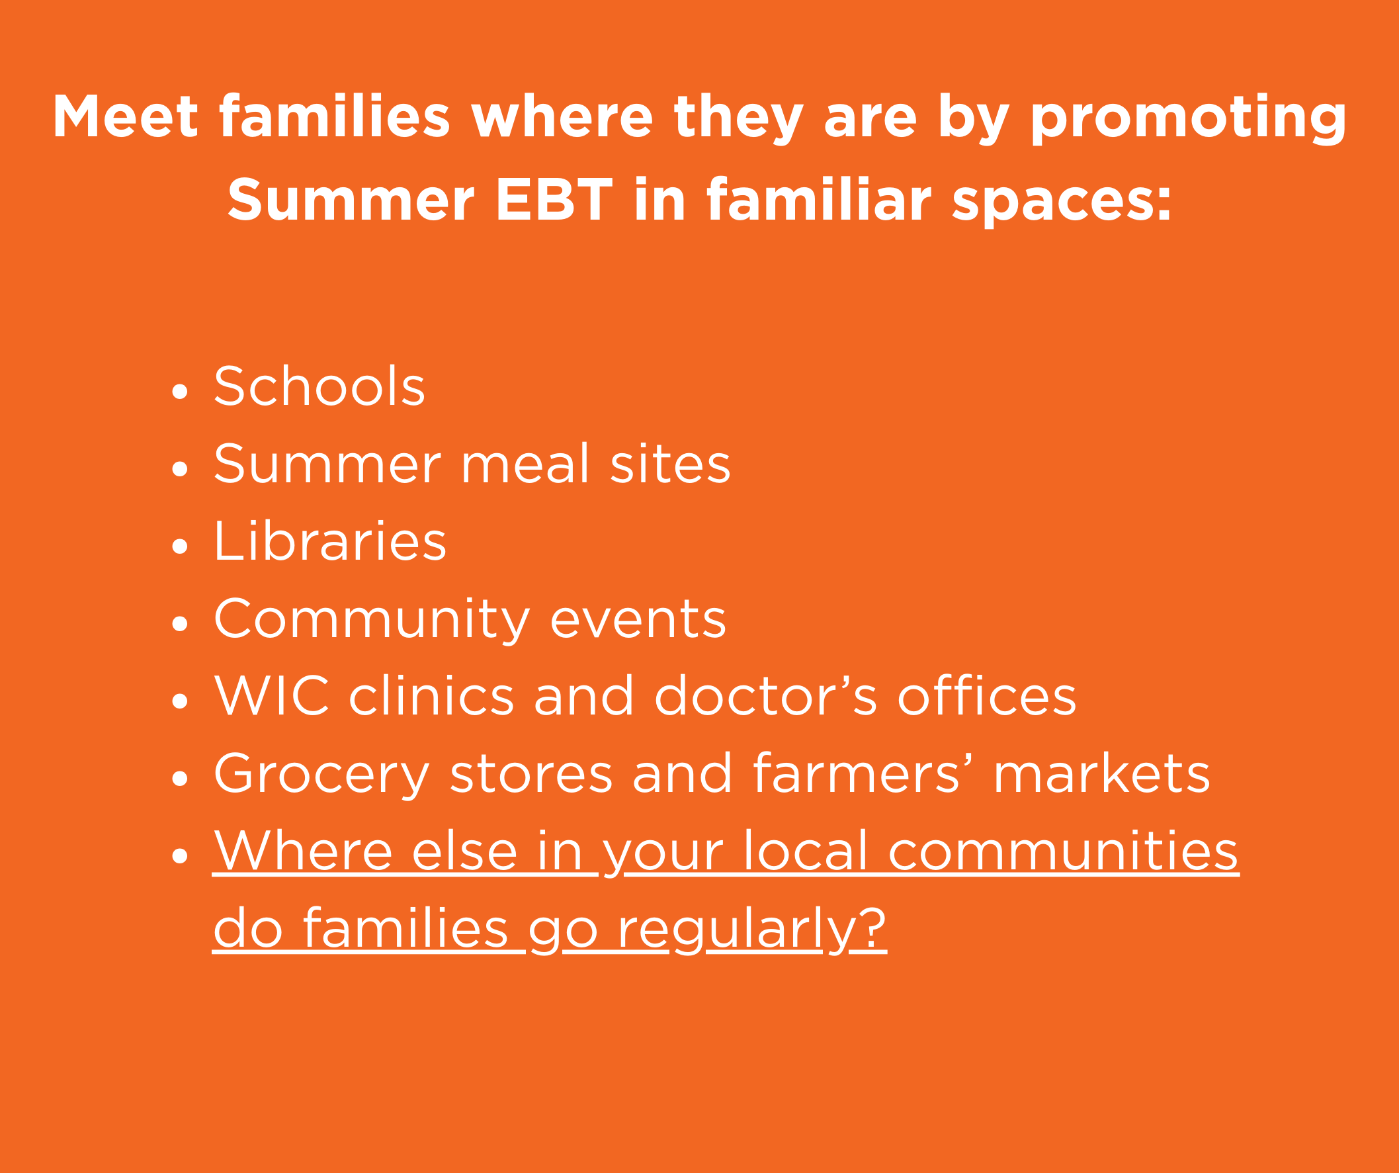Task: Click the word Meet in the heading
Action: point(125,116)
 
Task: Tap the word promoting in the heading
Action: point(1188,119)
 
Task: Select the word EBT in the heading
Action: point(554,199)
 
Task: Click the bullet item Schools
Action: point(319,386)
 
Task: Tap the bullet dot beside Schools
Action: point(179,391)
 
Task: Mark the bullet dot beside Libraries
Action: point(179,546)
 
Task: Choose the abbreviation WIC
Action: point(272,695)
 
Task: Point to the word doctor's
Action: point(765,695)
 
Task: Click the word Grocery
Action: point(321,775)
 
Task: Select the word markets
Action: point(1101,773)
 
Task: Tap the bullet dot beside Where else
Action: point(179,855)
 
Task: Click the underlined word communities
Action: point(1064,851)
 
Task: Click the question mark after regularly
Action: point(872,927)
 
